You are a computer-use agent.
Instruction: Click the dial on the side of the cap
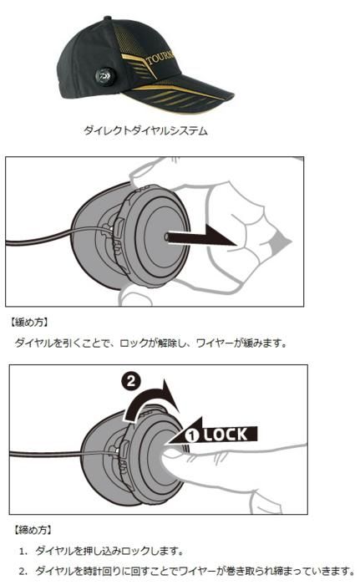104,76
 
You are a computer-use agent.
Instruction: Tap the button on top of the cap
108,18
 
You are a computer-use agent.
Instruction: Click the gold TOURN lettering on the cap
160,58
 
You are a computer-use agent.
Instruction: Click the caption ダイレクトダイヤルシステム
145,130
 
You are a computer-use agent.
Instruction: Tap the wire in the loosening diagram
56,237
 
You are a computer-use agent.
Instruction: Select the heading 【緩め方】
29,323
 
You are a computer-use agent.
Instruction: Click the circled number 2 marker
131,381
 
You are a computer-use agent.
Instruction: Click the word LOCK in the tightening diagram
226,435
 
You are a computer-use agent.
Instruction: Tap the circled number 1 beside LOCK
192,435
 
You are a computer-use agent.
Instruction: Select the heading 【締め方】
33,530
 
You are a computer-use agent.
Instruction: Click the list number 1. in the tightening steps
23,551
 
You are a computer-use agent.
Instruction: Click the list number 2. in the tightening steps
23,571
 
